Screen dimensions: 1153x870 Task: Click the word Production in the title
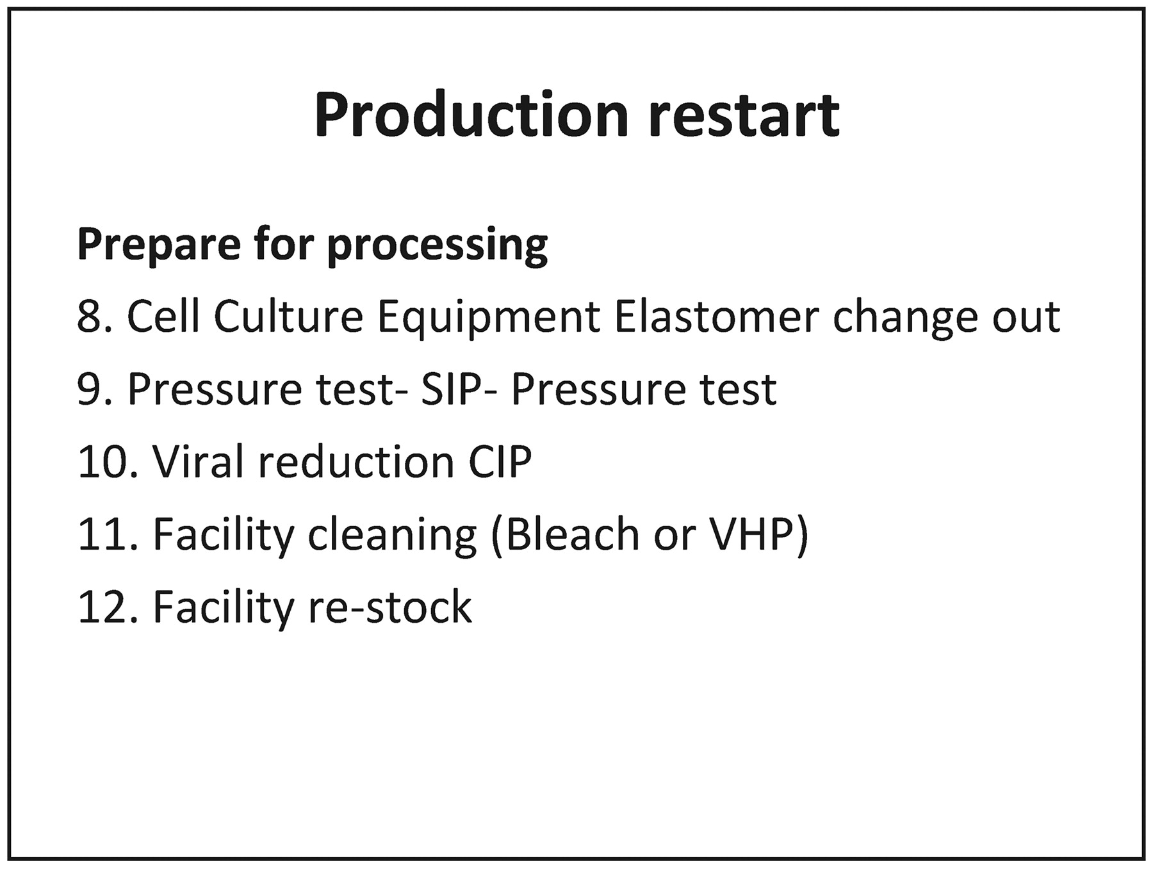pyautogui.click(x=471, y=115)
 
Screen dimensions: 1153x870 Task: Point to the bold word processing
pyautogui.click(x=437, y=246)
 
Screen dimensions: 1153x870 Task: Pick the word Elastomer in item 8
pyautogui.click(x=716, y=316)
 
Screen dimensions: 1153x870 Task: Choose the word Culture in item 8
pyautogui.click(x=288, y=316)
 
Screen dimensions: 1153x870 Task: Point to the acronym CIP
pyautogui.click(x=500, y=461)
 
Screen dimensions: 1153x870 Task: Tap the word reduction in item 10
pyautogui.click(x=356, y=461)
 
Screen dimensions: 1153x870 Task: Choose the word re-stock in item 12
pyautogui.click(x=390, y=607)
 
